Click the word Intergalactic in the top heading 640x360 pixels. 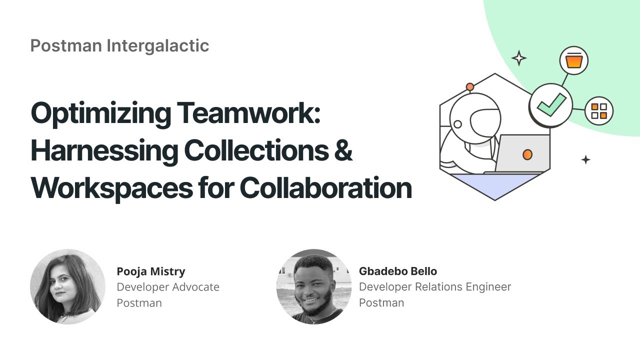pos(157,45)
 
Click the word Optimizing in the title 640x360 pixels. pos(99,113)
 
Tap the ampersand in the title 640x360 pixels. pos(343,150)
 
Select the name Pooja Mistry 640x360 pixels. pos(151,271)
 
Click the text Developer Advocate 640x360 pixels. pos(168,287)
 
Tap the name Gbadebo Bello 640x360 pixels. pos(398,271)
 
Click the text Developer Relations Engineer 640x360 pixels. pos(435,287)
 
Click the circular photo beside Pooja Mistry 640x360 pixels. pos(67,286)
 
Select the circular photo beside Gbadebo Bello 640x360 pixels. pos(314,286)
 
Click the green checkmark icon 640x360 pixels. pos(551,105)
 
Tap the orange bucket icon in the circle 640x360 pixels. pos(574,60)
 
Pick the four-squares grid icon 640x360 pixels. pos(599,111)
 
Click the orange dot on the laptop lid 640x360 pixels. pos(527,154)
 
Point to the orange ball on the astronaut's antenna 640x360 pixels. pos(470,87)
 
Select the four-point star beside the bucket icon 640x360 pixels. pos(519,58)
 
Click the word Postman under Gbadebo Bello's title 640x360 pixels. pos(381,302)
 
